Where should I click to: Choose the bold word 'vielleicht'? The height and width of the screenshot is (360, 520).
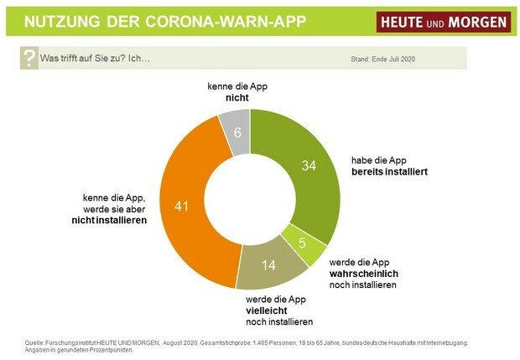(x=266, y=310)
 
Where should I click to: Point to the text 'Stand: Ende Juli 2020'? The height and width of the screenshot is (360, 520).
(x=383, y=60)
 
